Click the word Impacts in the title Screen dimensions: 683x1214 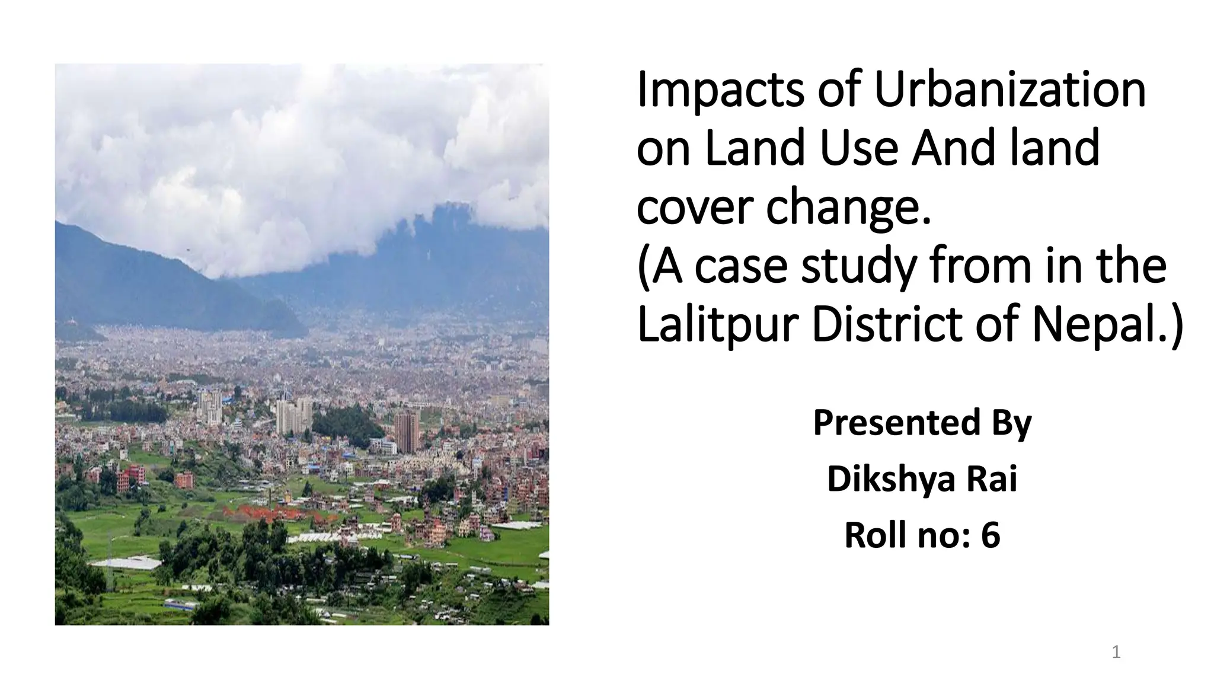(720, 90)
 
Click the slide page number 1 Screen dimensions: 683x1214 (1116, 653)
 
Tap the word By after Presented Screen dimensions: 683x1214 (1011, 423)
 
